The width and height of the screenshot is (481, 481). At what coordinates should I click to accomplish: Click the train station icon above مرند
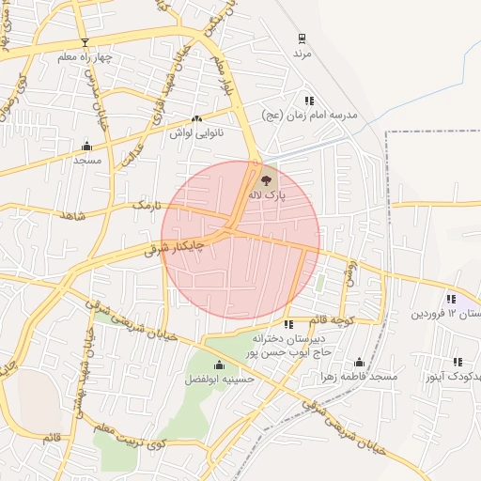click(302, 39)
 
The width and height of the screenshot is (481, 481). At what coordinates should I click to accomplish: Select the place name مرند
click(302, 54)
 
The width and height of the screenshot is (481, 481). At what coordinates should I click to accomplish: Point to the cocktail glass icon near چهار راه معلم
click(85, 42)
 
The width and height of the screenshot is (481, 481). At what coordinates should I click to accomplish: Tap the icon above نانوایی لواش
click(196, 119)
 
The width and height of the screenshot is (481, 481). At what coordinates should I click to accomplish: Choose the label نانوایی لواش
click(194, 134)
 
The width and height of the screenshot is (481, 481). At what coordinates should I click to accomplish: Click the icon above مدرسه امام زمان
click(308, 100)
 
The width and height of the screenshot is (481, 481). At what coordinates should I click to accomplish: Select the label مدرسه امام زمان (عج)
click(310, 115)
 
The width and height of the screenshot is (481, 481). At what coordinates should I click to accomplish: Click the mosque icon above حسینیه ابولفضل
click(219, 365)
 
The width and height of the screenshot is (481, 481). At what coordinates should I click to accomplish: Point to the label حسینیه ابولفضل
click(218, 380)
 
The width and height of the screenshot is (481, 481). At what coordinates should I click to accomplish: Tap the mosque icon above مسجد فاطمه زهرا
click(358, 362)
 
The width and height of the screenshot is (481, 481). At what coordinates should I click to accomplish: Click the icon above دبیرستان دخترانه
click(288, 323)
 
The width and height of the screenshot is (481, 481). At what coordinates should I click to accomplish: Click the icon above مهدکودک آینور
click(458, 361)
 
